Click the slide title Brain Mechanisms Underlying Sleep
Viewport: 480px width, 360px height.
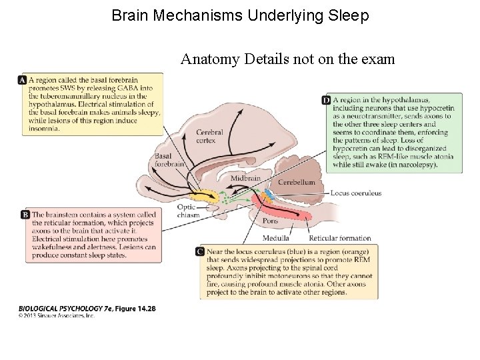tap(240, 15)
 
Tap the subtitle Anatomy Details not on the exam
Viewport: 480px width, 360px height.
tap(287, 59)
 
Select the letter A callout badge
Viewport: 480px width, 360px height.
tap(23, 80)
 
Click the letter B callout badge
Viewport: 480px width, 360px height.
tap(25, 215)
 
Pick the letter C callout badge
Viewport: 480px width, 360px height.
tap(200, 251)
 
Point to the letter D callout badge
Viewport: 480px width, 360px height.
tap(326, 100)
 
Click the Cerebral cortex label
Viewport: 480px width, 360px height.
tap(209, 137)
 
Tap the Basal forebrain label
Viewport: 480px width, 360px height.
tap(169, 161)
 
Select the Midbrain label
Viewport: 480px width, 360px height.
tap(245, 179)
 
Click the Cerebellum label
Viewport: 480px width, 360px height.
tap(296, 182)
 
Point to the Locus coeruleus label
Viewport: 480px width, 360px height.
tap(356, 193)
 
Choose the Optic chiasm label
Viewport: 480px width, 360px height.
tap(187, 211)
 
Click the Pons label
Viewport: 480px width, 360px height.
tap(270, 220)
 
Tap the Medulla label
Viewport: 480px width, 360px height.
tap(276, 238)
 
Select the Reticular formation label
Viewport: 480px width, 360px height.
tap(340, 238)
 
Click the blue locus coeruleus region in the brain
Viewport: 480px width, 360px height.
tap(269, 194)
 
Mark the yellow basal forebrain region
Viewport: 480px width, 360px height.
tap(203, 196)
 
